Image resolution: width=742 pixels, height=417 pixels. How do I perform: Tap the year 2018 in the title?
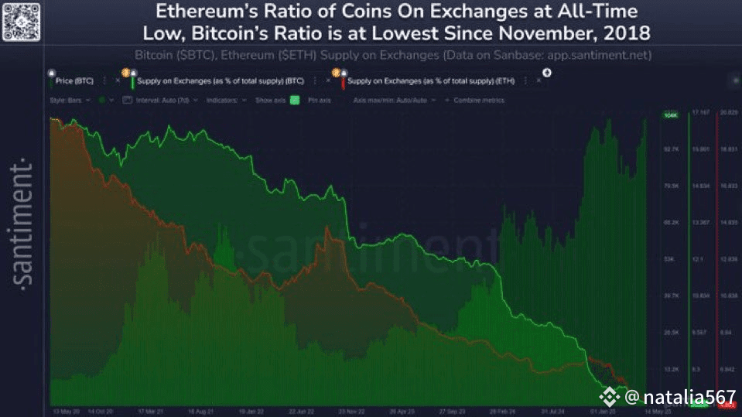623,34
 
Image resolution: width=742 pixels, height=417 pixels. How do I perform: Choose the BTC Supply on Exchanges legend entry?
219,80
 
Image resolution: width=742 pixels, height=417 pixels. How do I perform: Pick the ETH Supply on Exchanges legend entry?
431,80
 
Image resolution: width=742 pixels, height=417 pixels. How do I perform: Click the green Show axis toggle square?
294,100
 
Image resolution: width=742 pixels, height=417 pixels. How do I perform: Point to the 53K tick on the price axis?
670,259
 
